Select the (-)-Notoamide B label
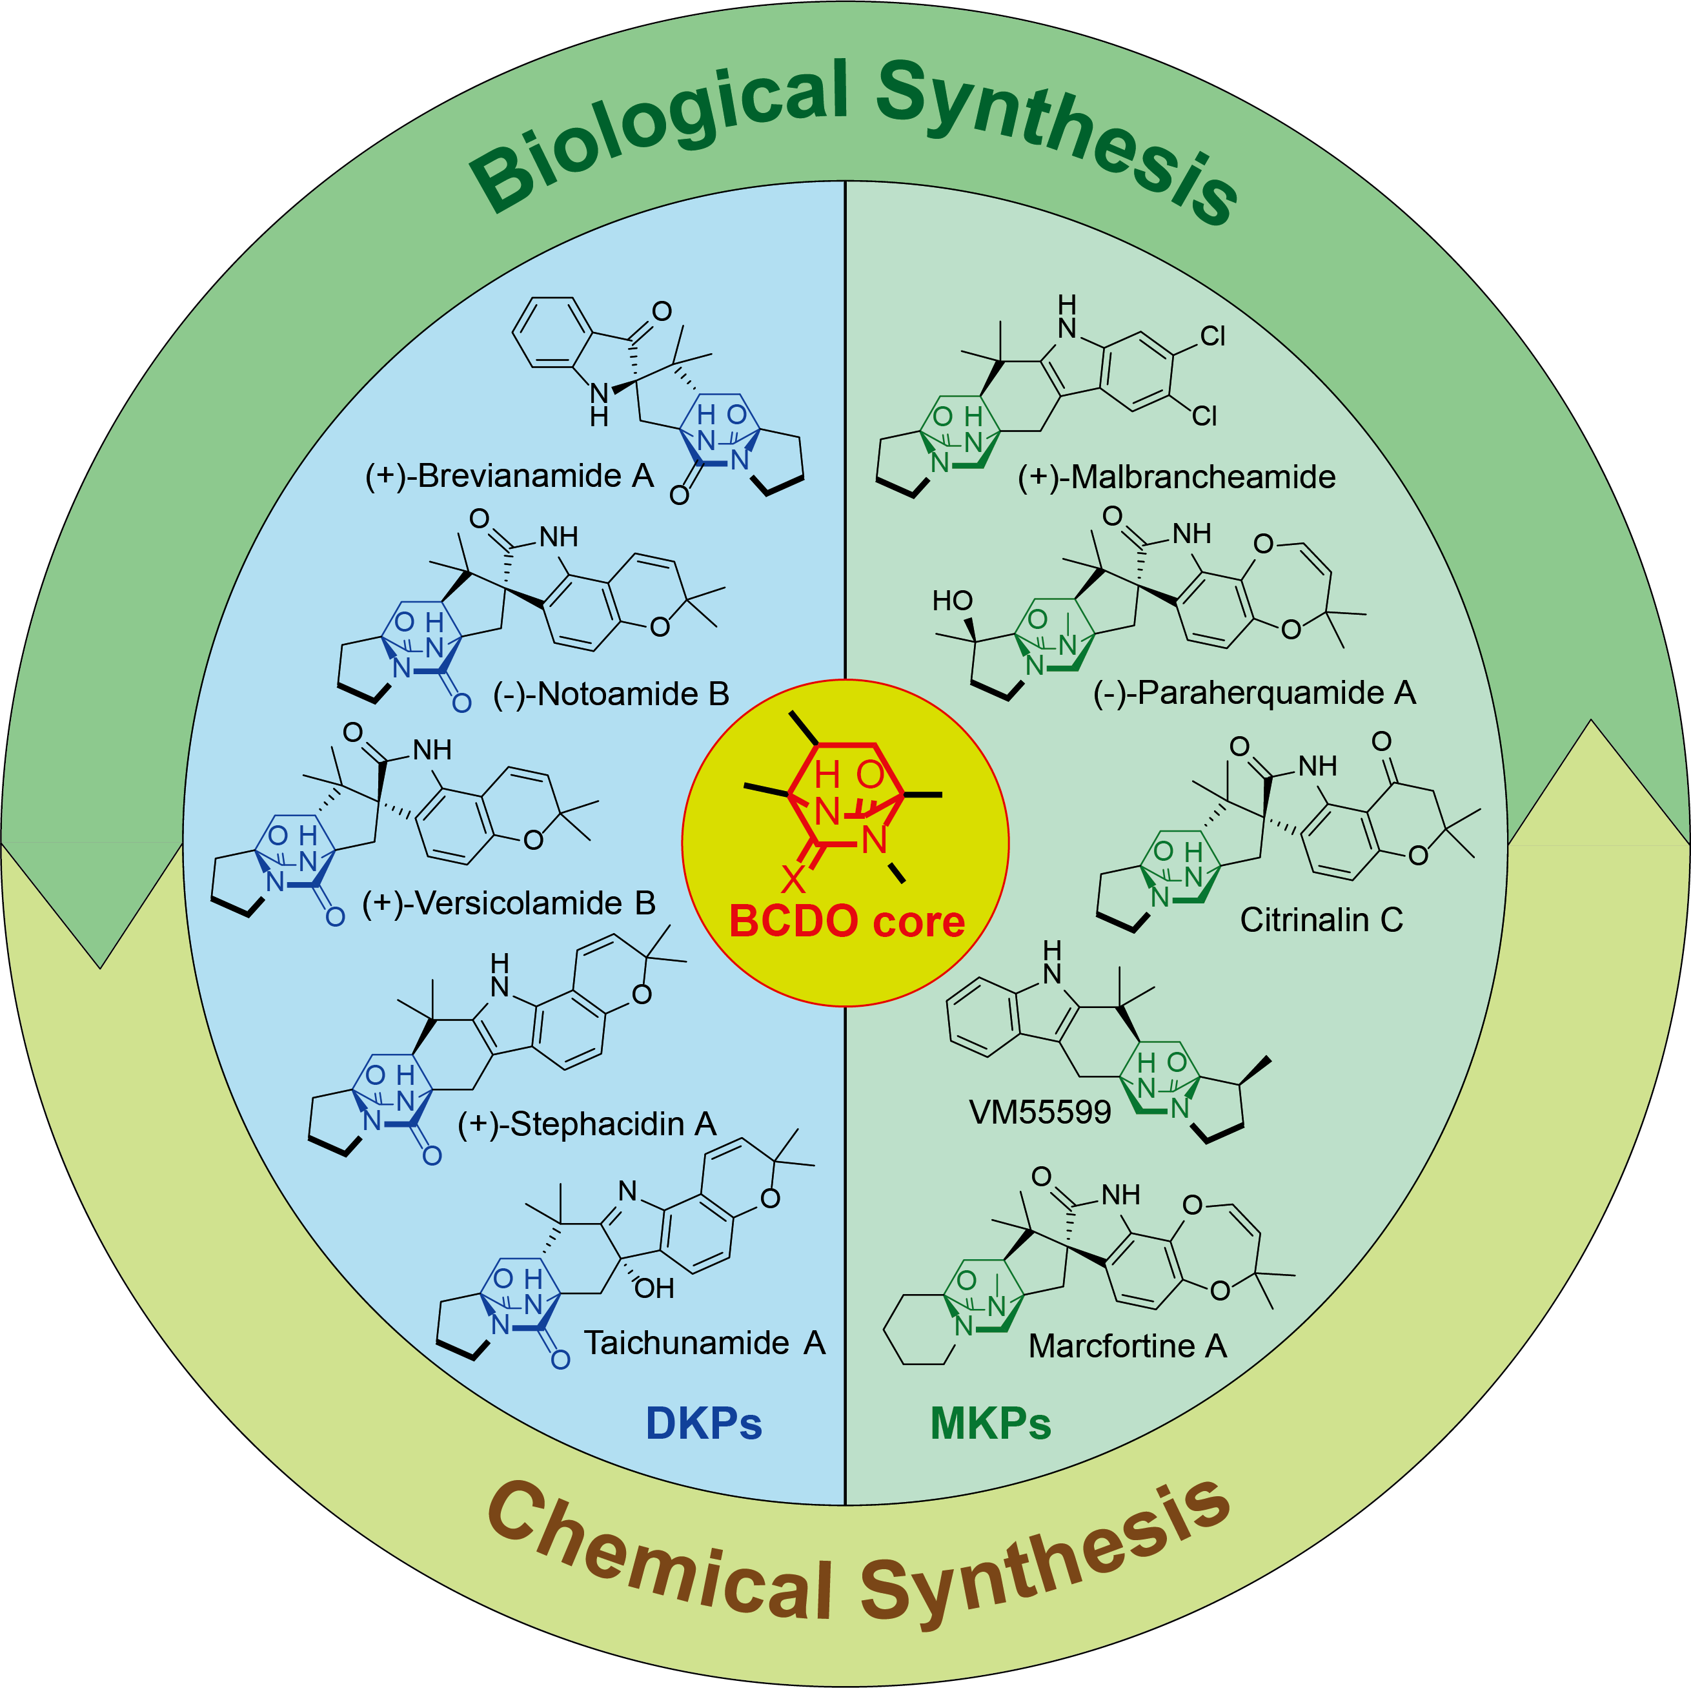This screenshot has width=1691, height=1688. (611, 694)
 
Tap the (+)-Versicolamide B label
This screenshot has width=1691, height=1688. (509, 903)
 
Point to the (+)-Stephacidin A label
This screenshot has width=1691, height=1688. (587, 1124)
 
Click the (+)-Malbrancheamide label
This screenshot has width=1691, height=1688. (1177, 477)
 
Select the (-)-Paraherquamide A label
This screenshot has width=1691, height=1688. (1254, 692)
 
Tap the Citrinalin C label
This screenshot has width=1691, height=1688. (1321, 920)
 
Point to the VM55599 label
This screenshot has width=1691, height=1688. (1040, 1112)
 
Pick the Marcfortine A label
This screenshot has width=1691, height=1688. (1128, 1346)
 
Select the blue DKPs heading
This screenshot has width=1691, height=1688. (704, 1424)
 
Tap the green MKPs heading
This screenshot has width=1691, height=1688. (990, 1424)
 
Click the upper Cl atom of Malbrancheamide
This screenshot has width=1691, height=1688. (1212, 336)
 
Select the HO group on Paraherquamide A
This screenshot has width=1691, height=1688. (952, 601)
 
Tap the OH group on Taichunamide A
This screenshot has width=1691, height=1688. (654, 1288)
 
